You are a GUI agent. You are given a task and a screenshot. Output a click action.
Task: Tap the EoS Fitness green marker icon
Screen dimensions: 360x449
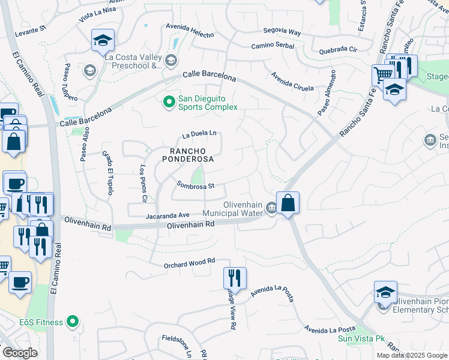(73, 322)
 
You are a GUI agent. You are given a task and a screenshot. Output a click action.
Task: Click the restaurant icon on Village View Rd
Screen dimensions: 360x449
(234, 278)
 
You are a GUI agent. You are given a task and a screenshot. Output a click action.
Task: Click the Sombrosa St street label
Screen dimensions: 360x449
(196, 186)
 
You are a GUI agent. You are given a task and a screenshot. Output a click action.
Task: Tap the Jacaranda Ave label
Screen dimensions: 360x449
(167, 215)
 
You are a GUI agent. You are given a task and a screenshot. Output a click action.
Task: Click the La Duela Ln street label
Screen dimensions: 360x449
(199, 134)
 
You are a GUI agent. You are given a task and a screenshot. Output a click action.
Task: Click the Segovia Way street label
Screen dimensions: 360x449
(282, 31)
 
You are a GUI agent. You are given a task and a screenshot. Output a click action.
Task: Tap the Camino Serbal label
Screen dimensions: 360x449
(275, 46)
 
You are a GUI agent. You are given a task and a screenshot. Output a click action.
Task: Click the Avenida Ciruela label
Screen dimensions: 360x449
(292, 82)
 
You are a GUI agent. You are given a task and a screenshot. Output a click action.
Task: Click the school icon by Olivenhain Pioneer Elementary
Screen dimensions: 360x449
(385, 292)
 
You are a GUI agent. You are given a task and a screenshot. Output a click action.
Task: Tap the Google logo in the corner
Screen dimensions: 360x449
(19, 353)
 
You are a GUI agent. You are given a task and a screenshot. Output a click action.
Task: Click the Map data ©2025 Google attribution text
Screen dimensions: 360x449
(411, 355)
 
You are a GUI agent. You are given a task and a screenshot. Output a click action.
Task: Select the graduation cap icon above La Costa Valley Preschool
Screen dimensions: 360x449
(103, 40)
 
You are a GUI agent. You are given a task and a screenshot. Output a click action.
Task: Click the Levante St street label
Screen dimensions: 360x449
(31, 29)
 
